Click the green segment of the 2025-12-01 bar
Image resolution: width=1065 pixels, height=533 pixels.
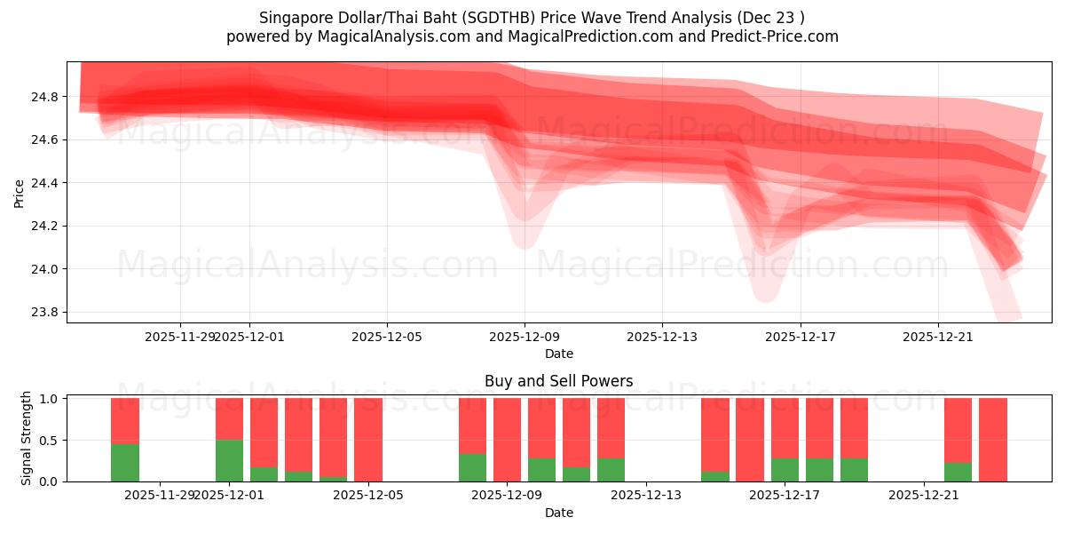click(x=229, y=460)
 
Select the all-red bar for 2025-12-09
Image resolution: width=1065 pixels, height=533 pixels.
click(x=507, y=440)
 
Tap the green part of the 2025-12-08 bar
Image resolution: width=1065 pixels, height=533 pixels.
click(x=472, y=467)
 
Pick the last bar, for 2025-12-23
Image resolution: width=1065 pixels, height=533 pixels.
click(x=992, y=440)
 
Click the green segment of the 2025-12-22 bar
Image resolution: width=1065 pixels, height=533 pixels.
click(x=958, y=472)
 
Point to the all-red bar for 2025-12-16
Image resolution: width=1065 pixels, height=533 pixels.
click(x=750, y=440)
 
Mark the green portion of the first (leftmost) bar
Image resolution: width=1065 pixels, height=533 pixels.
click(x=125, y=462)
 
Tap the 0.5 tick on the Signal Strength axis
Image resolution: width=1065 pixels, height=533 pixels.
click(x=50, y=441)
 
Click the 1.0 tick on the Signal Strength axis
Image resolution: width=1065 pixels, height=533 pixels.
click(x=50, y=399)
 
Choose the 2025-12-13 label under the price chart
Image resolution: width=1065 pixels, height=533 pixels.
click(x=662, y=337)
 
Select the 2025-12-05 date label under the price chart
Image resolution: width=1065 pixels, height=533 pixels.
click(x=386, y=337)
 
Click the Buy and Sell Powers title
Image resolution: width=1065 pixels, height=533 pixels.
click(x=558, y=381)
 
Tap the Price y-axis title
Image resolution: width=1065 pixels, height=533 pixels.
click(x=20, y=193)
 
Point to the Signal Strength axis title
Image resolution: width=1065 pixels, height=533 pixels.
click(x=27, y=438)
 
